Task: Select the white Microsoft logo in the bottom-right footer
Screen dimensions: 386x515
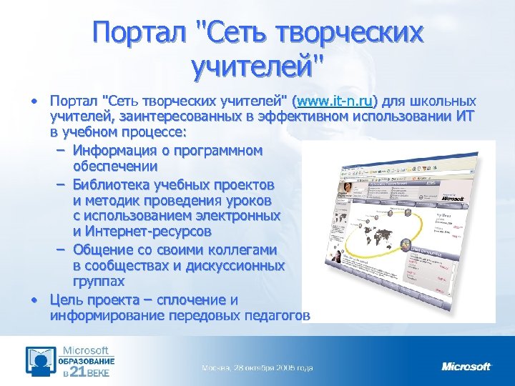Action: pos(466,367)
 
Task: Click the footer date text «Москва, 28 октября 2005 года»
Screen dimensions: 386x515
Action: pos(257,368)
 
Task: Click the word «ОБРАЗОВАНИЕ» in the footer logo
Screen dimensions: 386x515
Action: pos(86,361)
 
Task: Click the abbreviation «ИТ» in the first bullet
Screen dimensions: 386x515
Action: pos(463,117)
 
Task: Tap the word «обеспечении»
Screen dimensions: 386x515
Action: pos(117,167)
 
